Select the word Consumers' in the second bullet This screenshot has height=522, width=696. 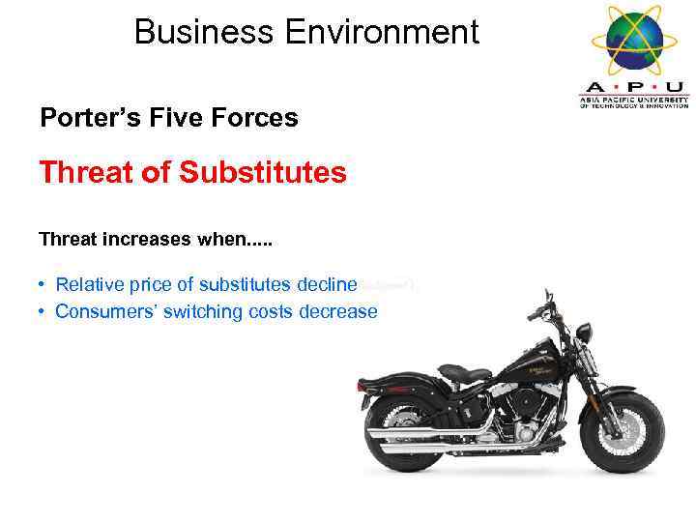(x=103, y=311)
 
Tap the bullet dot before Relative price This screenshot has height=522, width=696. (x=43, y=285)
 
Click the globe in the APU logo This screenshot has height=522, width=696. (x=633, y=37)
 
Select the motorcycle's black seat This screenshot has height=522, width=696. (x=463, y=372)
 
